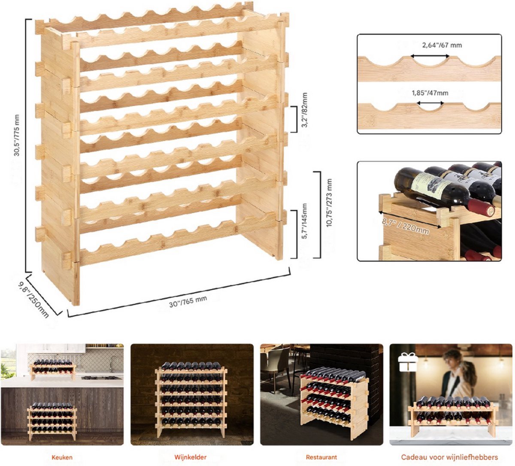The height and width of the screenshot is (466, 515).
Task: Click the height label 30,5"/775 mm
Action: pos(17,135)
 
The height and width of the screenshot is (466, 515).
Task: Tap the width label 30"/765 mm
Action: pos(188,301)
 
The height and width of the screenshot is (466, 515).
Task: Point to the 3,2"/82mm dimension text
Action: pos(305,110)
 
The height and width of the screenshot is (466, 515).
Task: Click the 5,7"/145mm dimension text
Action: pos(305,221)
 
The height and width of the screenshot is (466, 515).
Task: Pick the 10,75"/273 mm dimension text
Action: pos(329,203)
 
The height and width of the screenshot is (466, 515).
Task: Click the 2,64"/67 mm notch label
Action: pos(442,45)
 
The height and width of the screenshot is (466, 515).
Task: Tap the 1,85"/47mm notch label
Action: pos(430,93)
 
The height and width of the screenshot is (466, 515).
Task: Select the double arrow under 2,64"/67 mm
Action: pos(430,56)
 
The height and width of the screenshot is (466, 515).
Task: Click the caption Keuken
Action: pos(62,457)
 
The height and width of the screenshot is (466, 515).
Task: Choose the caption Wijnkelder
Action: pos(191,457)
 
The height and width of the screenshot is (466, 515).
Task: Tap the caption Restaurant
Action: pos(321,457)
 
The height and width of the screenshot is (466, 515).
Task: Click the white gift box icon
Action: pos(408,362)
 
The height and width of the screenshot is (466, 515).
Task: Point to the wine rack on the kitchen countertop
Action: pos(53,369)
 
